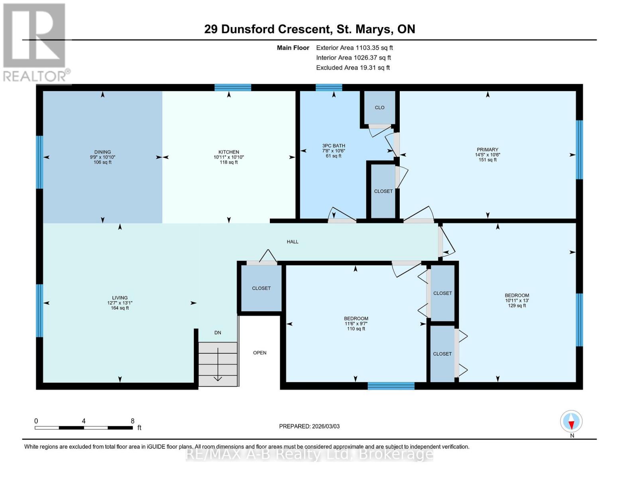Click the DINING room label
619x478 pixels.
pyautogui.click(x=102, y=152)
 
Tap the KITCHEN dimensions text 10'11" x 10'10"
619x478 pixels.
pyautogui.click(x=228, y=157)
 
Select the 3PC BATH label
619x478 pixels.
pyautogui.click(x=334, y=146)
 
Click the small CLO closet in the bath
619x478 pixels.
pyautogui.click(x=379, y=108)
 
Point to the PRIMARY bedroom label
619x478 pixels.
pyautogui.click(x=487, y=150)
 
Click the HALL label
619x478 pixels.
pyautogui.click(x=293, y=242)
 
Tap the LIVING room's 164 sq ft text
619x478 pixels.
pyautogui.click(x=120, y=308)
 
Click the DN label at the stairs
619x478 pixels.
pyautogui.click(x=218, y=333)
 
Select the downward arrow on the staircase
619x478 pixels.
pyautogui.click(x=218, y=364)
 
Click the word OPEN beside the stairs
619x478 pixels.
pyautogui.click(x=259, y=353)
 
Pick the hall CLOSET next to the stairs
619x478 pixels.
pyautogui.click(x=261, y=288)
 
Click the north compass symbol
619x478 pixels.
pyautogui.click(x=571, y=421)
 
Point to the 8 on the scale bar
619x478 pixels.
pyautogui.click(x=132, y=421)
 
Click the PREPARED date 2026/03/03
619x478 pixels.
pyautogui.click(x=309, y=426)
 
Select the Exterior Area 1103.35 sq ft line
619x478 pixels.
pyautogui.click(x=354, y=48)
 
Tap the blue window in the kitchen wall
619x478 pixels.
pyautogui.click(x=233, y=88)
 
